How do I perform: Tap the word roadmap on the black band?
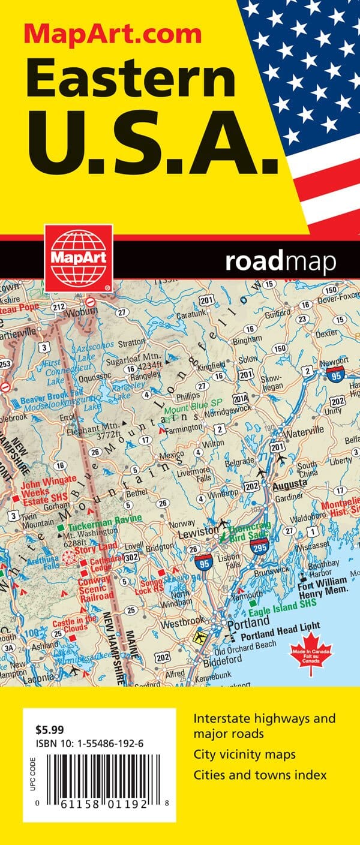280,261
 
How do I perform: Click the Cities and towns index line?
260,775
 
